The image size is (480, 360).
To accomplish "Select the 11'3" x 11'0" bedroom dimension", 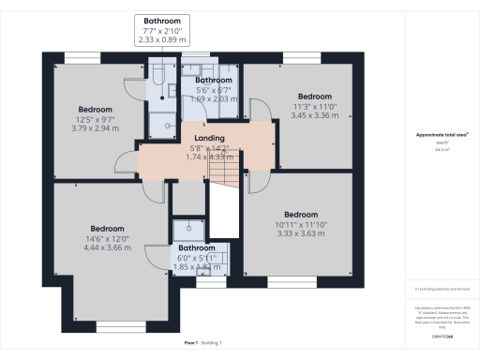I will tap(314, 107).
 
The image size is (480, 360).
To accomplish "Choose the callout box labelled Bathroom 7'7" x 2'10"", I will tap(162, 31).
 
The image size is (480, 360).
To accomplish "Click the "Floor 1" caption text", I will tap(191, 343).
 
